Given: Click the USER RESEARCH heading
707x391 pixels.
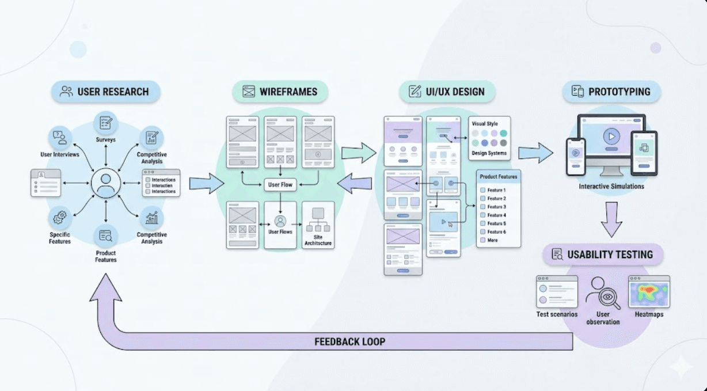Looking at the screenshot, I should point(105,92).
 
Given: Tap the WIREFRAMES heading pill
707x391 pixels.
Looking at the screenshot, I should point(280,92).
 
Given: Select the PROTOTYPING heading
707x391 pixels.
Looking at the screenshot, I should point(611,92).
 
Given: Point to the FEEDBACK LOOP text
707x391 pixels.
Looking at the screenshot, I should point(349,341).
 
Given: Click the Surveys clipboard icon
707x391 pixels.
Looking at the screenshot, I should point(106,123).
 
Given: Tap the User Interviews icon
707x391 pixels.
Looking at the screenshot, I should point(60,138).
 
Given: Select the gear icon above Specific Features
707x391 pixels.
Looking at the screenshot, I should point(60,218).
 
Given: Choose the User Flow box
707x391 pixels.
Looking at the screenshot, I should point(280,185).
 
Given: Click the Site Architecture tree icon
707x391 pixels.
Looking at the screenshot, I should point(318,219).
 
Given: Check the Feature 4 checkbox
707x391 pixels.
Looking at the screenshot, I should point(482,215).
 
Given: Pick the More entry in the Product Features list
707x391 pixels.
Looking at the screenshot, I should point(492,240).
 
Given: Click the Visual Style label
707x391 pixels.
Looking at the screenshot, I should point(485,124).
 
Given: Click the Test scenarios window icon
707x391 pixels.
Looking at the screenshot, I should point(557,291).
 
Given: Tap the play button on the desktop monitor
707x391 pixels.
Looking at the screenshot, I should point(611,137).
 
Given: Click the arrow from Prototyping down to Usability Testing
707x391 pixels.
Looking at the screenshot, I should point(611,218).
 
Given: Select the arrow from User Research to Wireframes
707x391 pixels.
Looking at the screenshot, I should point(206,184).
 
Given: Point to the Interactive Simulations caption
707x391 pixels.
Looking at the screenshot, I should point(611,187).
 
